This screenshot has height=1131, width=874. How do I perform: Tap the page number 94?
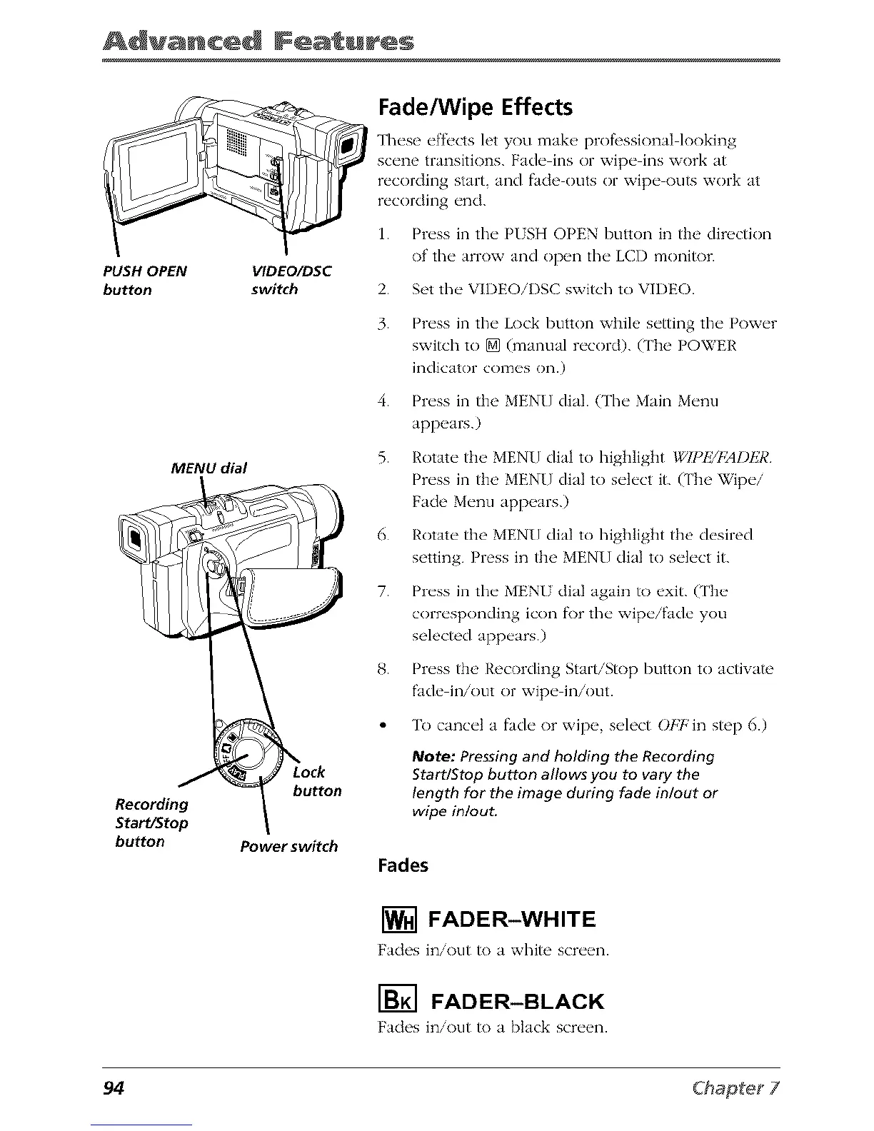(x=114, y=1088)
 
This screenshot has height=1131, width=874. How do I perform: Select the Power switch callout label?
(x=288, y=847)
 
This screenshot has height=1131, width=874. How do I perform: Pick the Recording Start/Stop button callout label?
(x=151, y=823)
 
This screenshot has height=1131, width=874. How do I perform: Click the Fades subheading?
(x=403, y=865)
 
